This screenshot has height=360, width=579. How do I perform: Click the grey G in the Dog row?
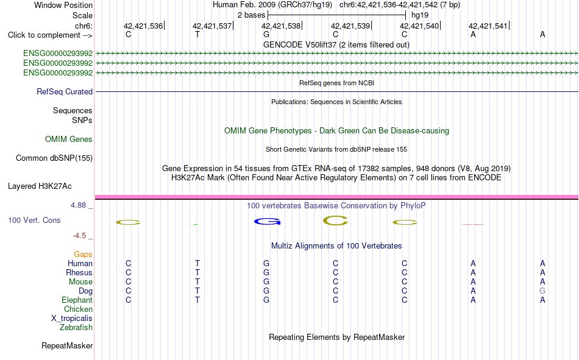542,291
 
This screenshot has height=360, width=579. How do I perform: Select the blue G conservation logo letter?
268,222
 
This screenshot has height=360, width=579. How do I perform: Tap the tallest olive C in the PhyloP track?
335,221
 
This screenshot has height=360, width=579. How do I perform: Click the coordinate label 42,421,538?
280,26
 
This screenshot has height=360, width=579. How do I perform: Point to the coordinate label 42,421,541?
488,26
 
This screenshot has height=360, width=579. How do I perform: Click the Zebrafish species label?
76,328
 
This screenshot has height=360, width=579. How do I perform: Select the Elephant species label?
77,300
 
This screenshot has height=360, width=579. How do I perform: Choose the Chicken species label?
78,309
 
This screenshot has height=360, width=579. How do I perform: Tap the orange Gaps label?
83,255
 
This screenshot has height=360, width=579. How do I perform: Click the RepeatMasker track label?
67,346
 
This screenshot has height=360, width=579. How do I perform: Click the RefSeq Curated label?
65,91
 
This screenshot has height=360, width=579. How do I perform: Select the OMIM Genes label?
69,139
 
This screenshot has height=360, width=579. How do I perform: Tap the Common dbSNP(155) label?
54,158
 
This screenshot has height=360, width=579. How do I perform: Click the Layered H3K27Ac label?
40,186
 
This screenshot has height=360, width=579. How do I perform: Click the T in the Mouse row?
197,281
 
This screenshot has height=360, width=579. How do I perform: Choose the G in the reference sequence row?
266,34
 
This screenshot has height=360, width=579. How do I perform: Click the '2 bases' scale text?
251,15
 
